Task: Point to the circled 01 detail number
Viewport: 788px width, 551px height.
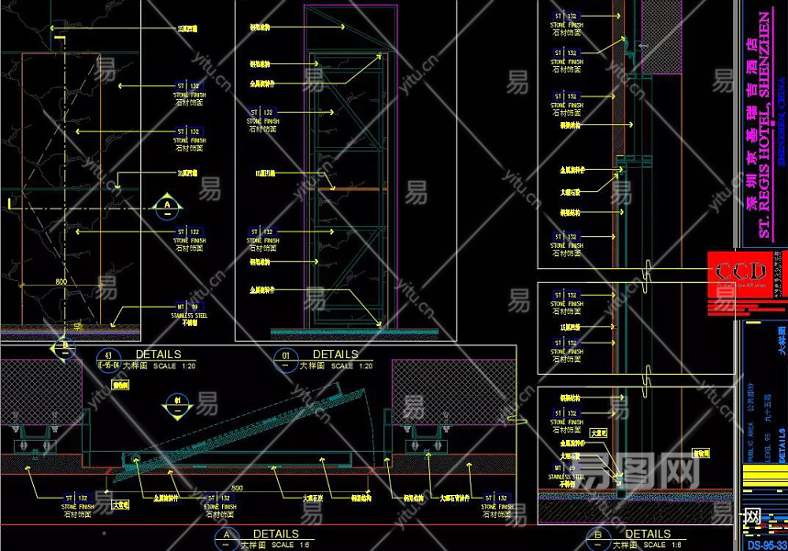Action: (285, 354)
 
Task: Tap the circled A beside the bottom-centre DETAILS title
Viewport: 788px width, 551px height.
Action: (226, 535)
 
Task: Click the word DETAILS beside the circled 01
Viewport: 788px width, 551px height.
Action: (335, 354)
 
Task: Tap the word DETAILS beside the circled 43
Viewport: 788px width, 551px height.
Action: (158, 354)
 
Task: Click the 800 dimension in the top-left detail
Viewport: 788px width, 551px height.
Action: (61, 281)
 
